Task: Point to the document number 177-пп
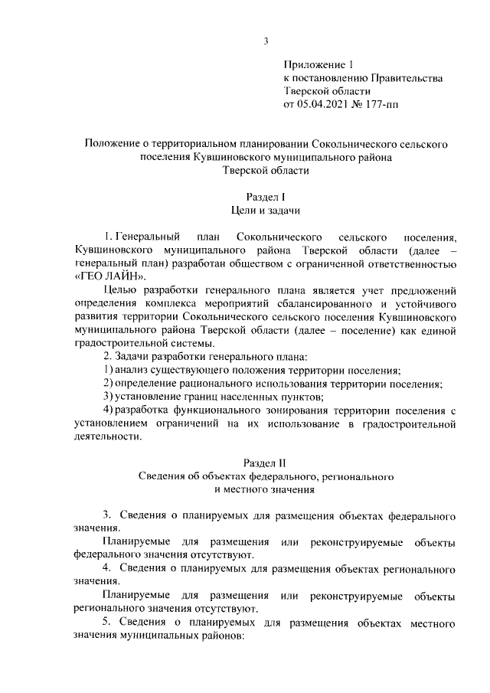[397, 104]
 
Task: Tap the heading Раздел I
[265, 196]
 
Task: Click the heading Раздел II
[265, 463]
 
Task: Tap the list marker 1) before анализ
[109, 370]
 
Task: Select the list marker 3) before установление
[109, 396]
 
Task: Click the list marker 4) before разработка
[109, 410]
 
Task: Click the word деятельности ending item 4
[108, 436]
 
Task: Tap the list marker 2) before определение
[109, 383]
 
